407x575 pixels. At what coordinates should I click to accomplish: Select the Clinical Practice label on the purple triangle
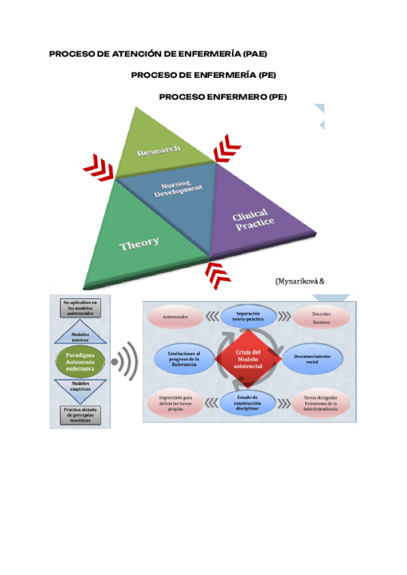tap(253, 222)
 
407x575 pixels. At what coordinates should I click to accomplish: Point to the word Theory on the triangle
tap(140, 243)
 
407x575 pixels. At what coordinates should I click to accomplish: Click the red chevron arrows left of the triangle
tap(98, 166)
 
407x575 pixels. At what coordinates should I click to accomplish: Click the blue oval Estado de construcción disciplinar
tap(248, 401)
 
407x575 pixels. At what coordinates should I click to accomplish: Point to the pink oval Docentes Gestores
tap(322, 317)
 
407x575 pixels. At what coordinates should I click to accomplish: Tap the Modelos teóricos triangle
tap(80, 336)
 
